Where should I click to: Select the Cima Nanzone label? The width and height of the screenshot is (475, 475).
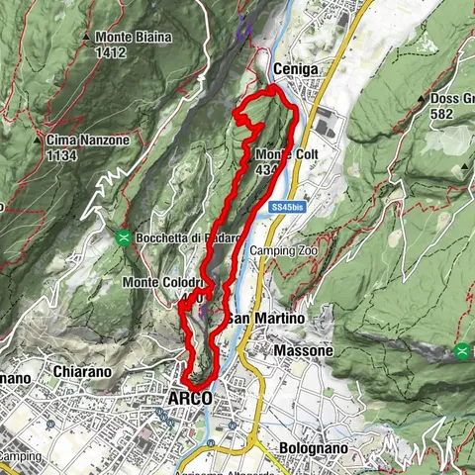click(x=87, y=141)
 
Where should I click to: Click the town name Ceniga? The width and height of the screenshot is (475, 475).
click(x=295, y=68)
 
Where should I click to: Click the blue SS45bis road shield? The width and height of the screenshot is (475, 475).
click(x=292, y=207)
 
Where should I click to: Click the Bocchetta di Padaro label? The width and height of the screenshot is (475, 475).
click(x=185, y=237)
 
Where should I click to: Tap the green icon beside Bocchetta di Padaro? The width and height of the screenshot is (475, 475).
click(x=124, y=237)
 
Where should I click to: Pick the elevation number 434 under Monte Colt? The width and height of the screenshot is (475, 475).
click(x=265, y=170)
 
